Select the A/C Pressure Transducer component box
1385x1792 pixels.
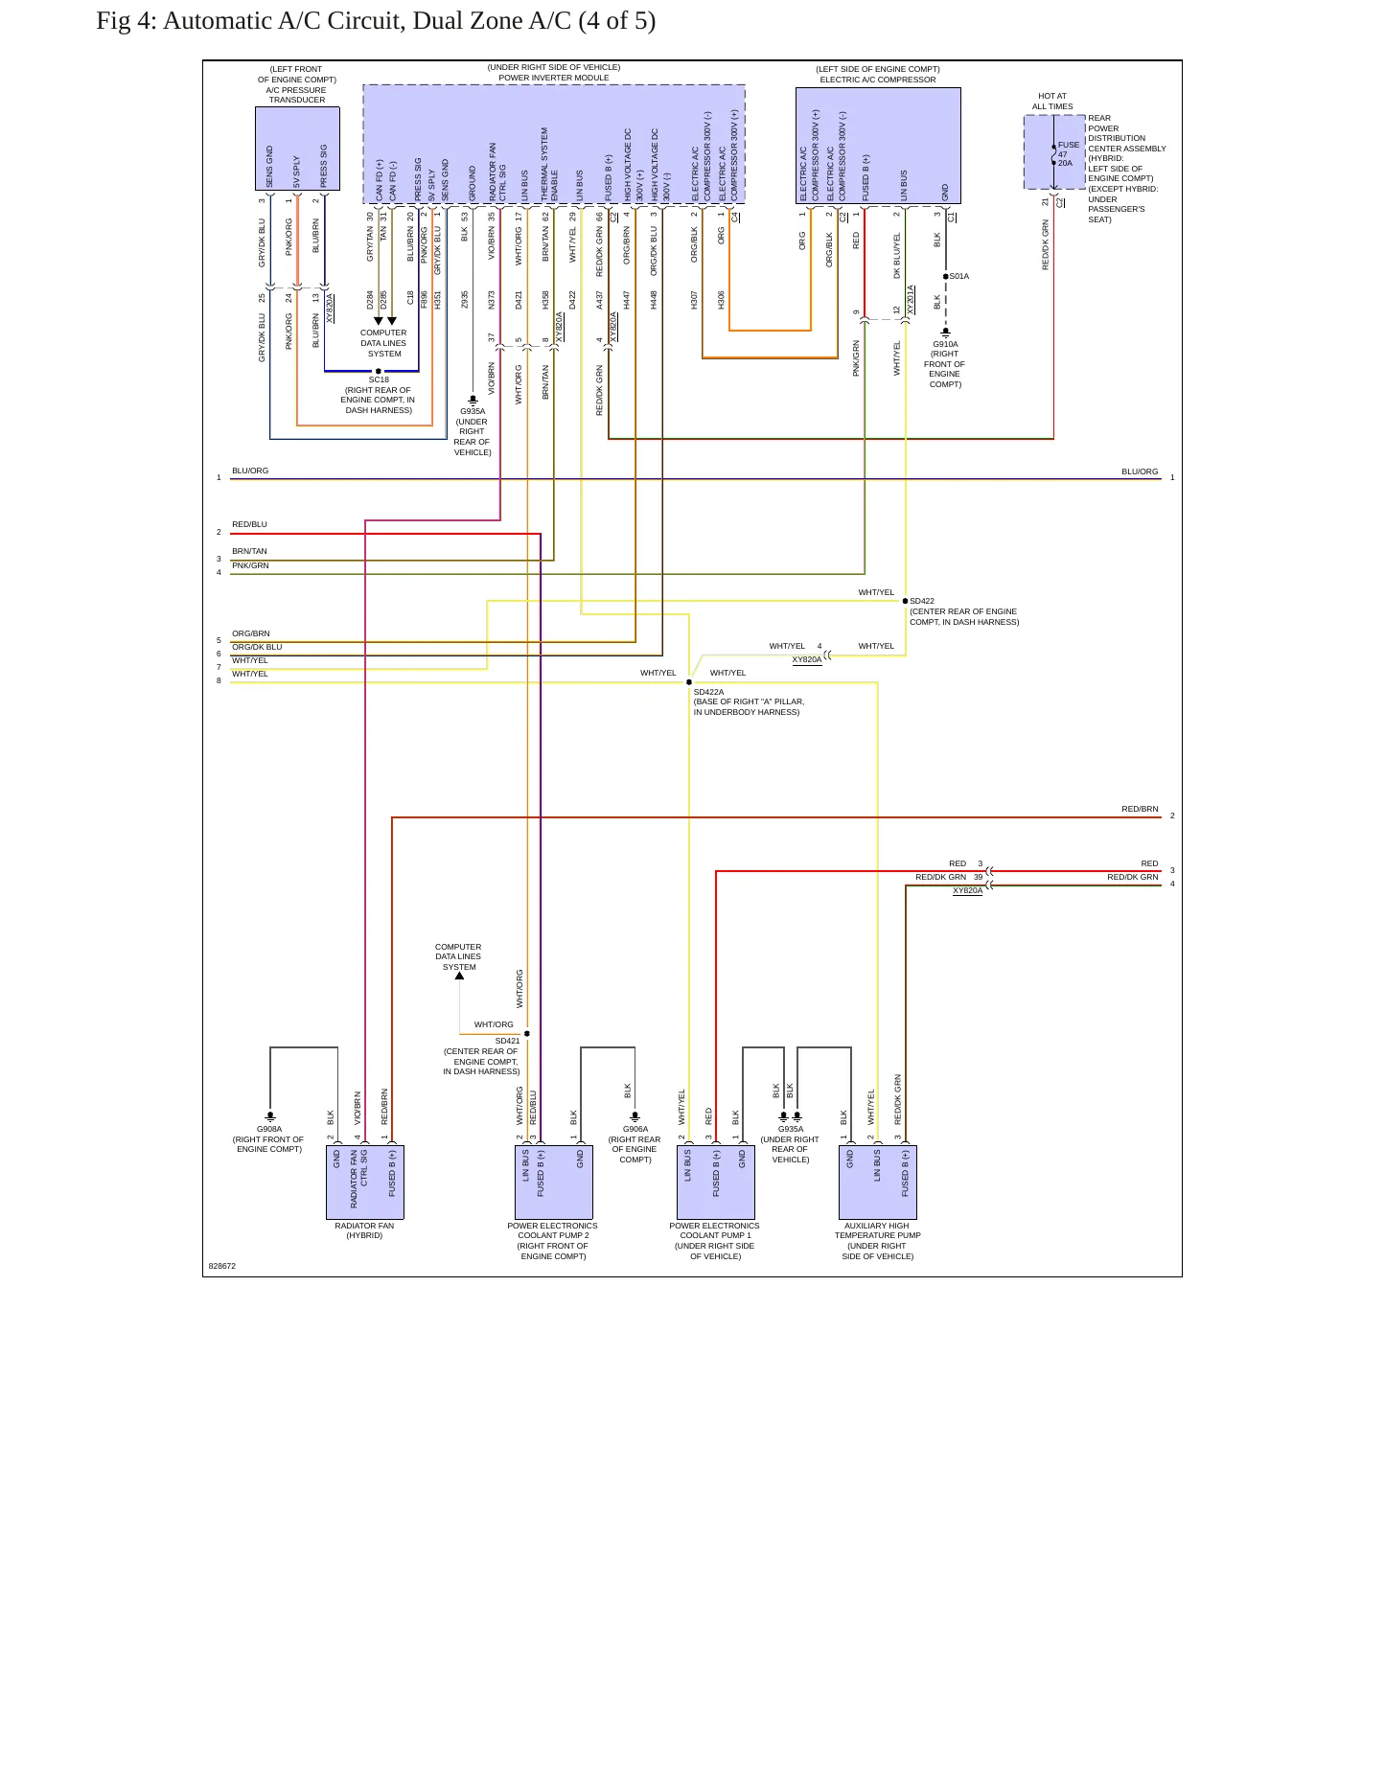click(x=297, y=149)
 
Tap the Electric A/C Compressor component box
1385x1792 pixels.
click(x=878, y=146)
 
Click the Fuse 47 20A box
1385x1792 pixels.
click(x=1054, y=152)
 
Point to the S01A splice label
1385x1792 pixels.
click(x=959, y=276)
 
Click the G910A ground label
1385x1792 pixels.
click(x=945, y=344)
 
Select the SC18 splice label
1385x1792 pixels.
click(x=379, y=380)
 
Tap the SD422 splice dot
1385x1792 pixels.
click(x=906, y=601)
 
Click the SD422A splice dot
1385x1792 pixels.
click(x=689, y=682)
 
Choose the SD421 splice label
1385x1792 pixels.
click(x=507, y=1041)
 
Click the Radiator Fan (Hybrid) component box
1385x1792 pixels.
click(x=365, y=1183)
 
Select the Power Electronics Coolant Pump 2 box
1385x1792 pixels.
click(x=554, y=1183)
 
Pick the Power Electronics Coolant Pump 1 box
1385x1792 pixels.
click(x=716, y=1183)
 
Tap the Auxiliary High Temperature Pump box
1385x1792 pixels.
click(x=878, y=1183)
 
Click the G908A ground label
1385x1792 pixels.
click(x=269, y=1129)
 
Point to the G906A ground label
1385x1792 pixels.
click(x=635, y=1129)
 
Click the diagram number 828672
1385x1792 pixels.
click(x=222, y=1266)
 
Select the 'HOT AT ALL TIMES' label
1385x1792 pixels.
click(x=1052, y=102)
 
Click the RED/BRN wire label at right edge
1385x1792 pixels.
click(x=1140, y=809)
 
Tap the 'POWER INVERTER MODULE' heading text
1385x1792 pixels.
click(x=554, y=78)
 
